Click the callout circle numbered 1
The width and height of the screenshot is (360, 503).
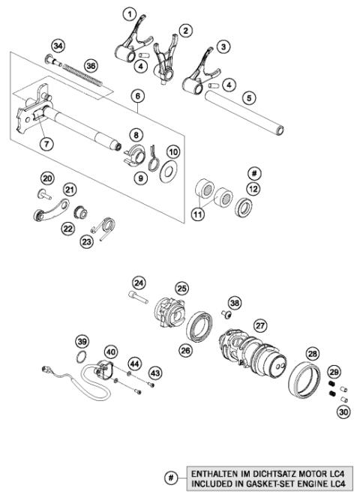(x=130, y=14)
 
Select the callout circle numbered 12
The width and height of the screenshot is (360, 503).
(x=253, y=189)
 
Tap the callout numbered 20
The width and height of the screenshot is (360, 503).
(x=47, y=178)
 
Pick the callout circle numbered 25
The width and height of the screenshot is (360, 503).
(x=181, y=288)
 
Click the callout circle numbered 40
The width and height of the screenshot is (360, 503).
(x=110, y=351)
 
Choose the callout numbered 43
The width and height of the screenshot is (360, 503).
(x=155, y=372)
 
